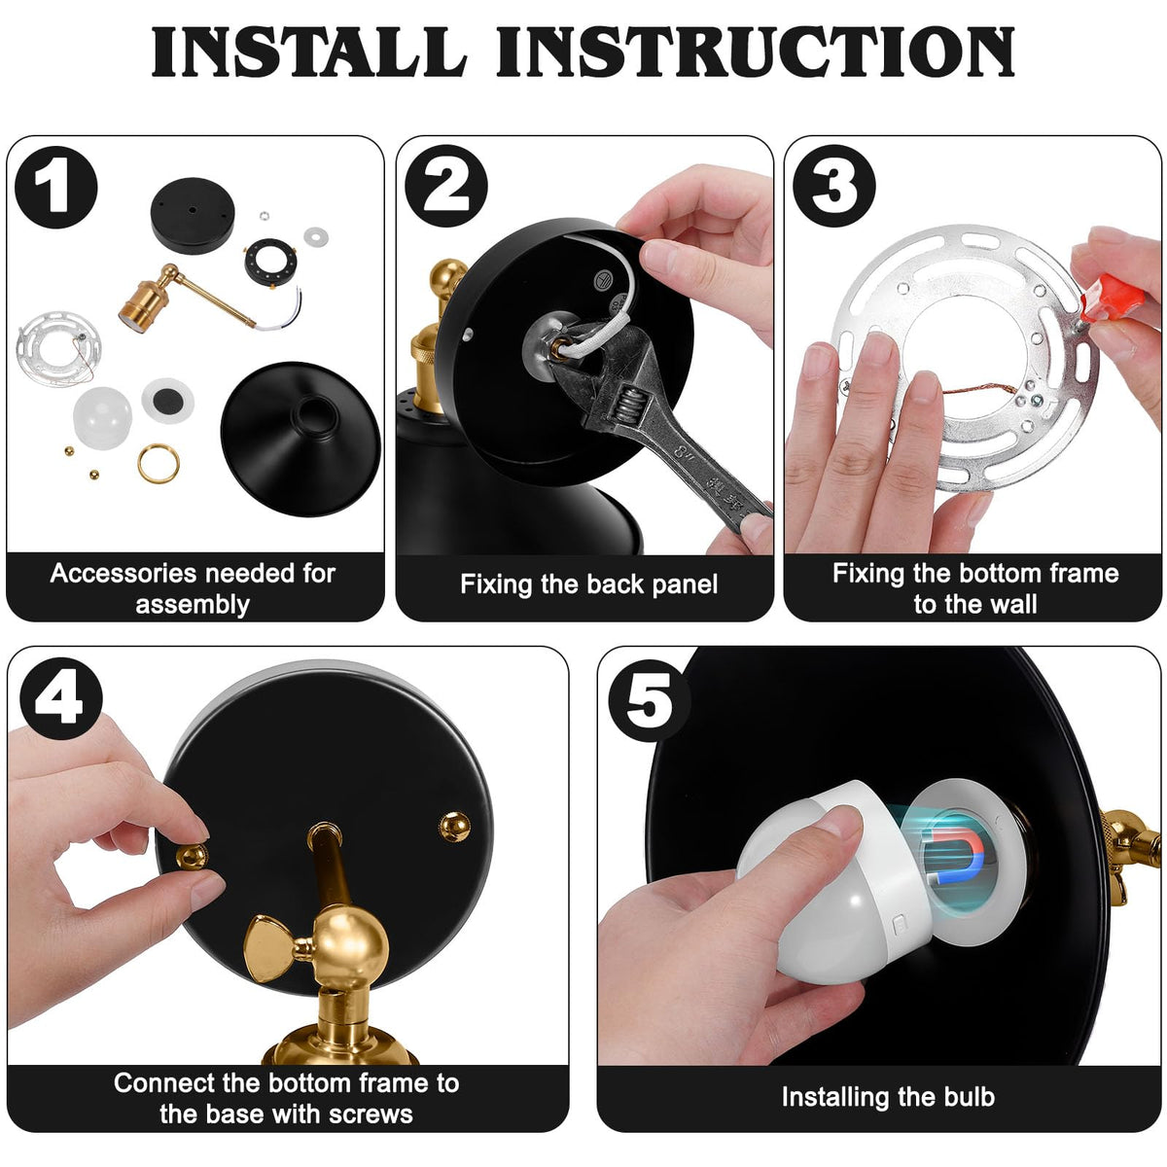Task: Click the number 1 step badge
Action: point(56,187)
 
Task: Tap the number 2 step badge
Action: point(446,186)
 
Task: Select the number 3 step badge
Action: point(834,186)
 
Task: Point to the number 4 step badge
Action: point(61,698)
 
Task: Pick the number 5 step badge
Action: point(650,700)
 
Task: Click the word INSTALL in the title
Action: point(309,52)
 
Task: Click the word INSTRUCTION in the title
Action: point(756,52)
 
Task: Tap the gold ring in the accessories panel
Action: point(159,463)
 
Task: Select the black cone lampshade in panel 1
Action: point(301,439)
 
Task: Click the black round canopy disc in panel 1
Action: point(193,216)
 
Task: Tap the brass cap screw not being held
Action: point(455,828)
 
